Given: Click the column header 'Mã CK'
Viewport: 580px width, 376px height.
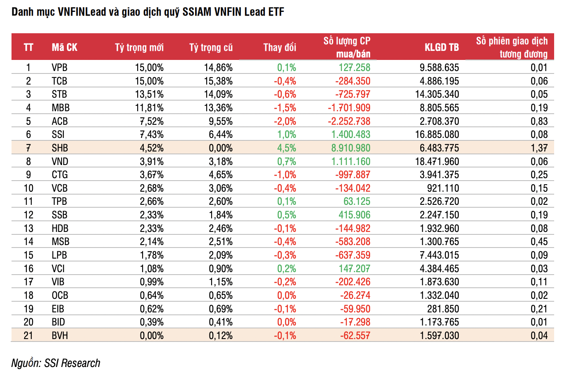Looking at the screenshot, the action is click(64, 47).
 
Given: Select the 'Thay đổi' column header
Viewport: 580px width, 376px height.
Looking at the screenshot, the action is click(280, 47).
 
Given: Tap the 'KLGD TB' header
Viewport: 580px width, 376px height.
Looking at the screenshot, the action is click(442, 47).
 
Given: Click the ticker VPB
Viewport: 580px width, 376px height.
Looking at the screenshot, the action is click(60, 68).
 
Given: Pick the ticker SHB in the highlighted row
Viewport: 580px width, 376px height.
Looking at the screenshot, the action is click(60, 148).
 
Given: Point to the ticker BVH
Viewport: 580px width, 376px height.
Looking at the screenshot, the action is click(60, 335).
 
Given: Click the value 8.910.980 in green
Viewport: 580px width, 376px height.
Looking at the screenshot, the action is click(351, 148).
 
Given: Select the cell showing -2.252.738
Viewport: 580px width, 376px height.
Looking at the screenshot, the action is click(349, 121).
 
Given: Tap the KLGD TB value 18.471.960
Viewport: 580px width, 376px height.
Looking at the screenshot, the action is click(437, 161).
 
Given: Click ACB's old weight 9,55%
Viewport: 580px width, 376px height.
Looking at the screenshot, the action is click(221, 121).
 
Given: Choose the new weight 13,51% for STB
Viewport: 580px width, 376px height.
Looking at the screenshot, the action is click(149, 94).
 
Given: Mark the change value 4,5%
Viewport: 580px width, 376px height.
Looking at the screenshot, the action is click(287, 148).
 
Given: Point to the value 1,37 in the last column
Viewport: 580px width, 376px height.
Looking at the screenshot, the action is click(539, 148).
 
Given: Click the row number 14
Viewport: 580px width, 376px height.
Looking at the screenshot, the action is click(28, 241).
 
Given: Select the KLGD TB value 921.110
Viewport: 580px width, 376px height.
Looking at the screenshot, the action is click(443, 188).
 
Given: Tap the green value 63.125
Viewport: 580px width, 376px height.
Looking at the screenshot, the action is click(357, 201).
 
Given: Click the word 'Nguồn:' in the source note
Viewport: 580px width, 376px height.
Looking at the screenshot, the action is click(26, 363).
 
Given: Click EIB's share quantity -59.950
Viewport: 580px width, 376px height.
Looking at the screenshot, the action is click(355, 309).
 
